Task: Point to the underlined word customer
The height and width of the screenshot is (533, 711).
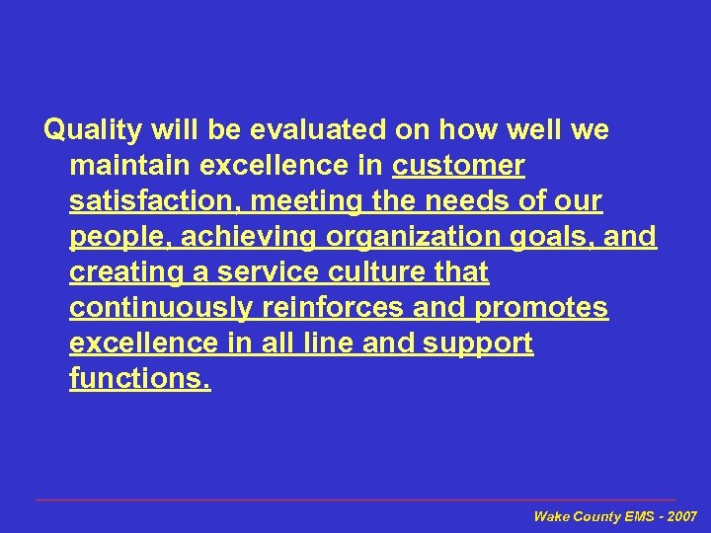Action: pos(458,166)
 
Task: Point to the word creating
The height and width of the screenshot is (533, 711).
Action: pos(122,271)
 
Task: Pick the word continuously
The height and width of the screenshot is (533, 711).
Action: pos(161,308)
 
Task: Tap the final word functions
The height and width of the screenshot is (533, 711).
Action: pos(139,379)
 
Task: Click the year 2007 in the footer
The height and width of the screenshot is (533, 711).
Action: pos(682,516)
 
